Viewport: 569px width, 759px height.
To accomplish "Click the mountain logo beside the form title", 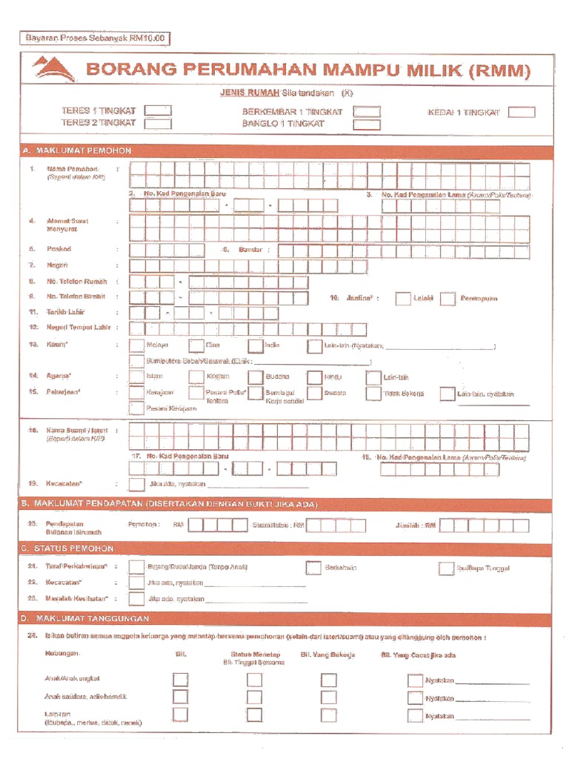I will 53,70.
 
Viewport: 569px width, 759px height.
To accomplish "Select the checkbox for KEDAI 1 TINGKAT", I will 522,113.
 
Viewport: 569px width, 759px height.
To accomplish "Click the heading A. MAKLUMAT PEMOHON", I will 78,150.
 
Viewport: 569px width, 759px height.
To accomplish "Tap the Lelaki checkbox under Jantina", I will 402,299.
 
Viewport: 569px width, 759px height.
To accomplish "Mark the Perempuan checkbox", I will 447,299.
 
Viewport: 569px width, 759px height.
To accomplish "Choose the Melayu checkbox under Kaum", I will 136,345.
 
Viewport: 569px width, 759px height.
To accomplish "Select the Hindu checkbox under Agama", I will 314,377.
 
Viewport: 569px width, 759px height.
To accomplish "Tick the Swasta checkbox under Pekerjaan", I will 314,394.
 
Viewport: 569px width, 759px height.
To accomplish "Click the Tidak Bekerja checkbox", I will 373,394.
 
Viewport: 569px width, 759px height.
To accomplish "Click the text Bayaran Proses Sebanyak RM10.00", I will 96,37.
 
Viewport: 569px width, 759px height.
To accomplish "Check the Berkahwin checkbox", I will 313,568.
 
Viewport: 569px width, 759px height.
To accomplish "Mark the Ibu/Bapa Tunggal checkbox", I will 445,569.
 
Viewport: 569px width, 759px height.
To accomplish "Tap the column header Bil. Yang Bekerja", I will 327,654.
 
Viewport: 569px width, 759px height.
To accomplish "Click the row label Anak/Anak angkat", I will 72,678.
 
